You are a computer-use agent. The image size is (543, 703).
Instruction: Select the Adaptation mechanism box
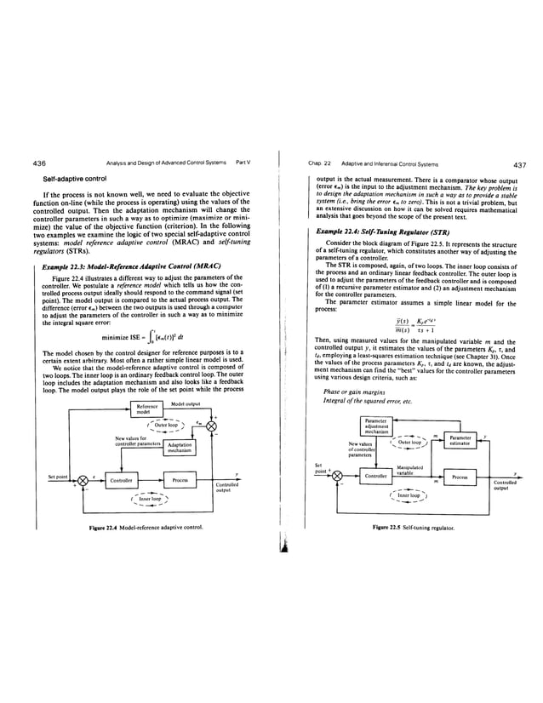pyautogui.click(x=179, y=448)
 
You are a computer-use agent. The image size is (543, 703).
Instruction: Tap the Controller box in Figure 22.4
pyautogui.click(x=120, y=481)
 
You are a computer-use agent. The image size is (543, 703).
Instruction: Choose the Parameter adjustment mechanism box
pyautogui.click(x=375, y=425)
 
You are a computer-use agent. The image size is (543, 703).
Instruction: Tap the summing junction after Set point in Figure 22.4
pyautogui.click(x=83, y=481)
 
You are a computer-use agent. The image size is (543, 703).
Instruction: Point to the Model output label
pyautogui.click(x=186, y=403)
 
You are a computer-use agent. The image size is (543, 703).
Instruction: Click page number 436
pyautogui.click(x=37, y=163)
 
